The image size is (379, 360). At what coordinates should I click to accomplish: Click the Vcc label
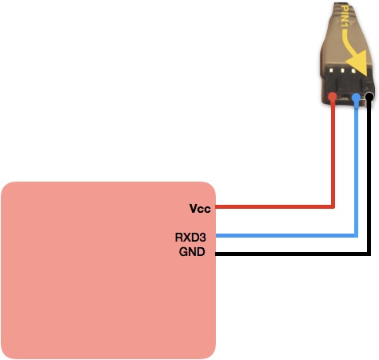click(200, 209)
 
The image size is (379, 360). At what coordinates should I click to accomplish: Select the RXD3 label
click(190, 238)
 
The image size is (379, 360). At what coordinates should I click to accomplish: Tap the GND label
click(192, 252)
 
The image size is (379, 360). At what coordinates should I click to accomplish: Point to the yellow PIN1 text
click(345, 16)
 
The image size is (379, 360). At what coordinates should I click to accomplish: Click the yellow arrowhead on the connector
click(359, 62)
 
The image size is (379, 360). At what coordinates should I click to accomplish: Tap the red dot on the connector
click(333, 97)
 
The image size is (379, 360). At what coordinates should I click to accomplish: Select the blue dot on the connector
click(356, 98)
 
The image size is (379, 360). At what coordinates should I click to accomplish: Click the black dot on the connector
click(369, 97)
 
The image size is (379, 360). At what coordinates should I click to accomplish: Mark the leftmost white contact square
click(331, 70)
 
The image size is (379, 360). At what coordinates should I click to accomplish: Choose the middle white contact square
click(342, 71)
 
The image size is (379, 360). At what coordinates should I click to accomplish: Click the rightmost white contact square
click(353, 71)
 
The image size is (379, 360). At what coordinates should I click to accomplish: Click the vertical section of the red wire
click(333, 154)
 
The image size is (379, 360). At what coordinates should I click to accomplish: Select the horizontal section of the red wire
click(275, 206)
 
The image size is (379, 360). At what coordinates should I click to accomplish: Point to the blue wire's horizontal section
click(286, 235)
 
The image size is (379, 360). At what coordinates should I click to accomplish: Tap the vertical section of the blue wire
click(356, 169)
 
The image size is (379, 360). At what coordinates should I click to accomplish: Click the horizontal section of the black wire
click(293, 254)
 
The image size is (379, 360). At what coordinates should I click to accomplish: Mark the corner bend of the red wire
click(333, 206)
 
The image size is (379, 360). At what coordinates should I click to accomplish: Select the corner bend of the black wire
click(369, 254)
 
